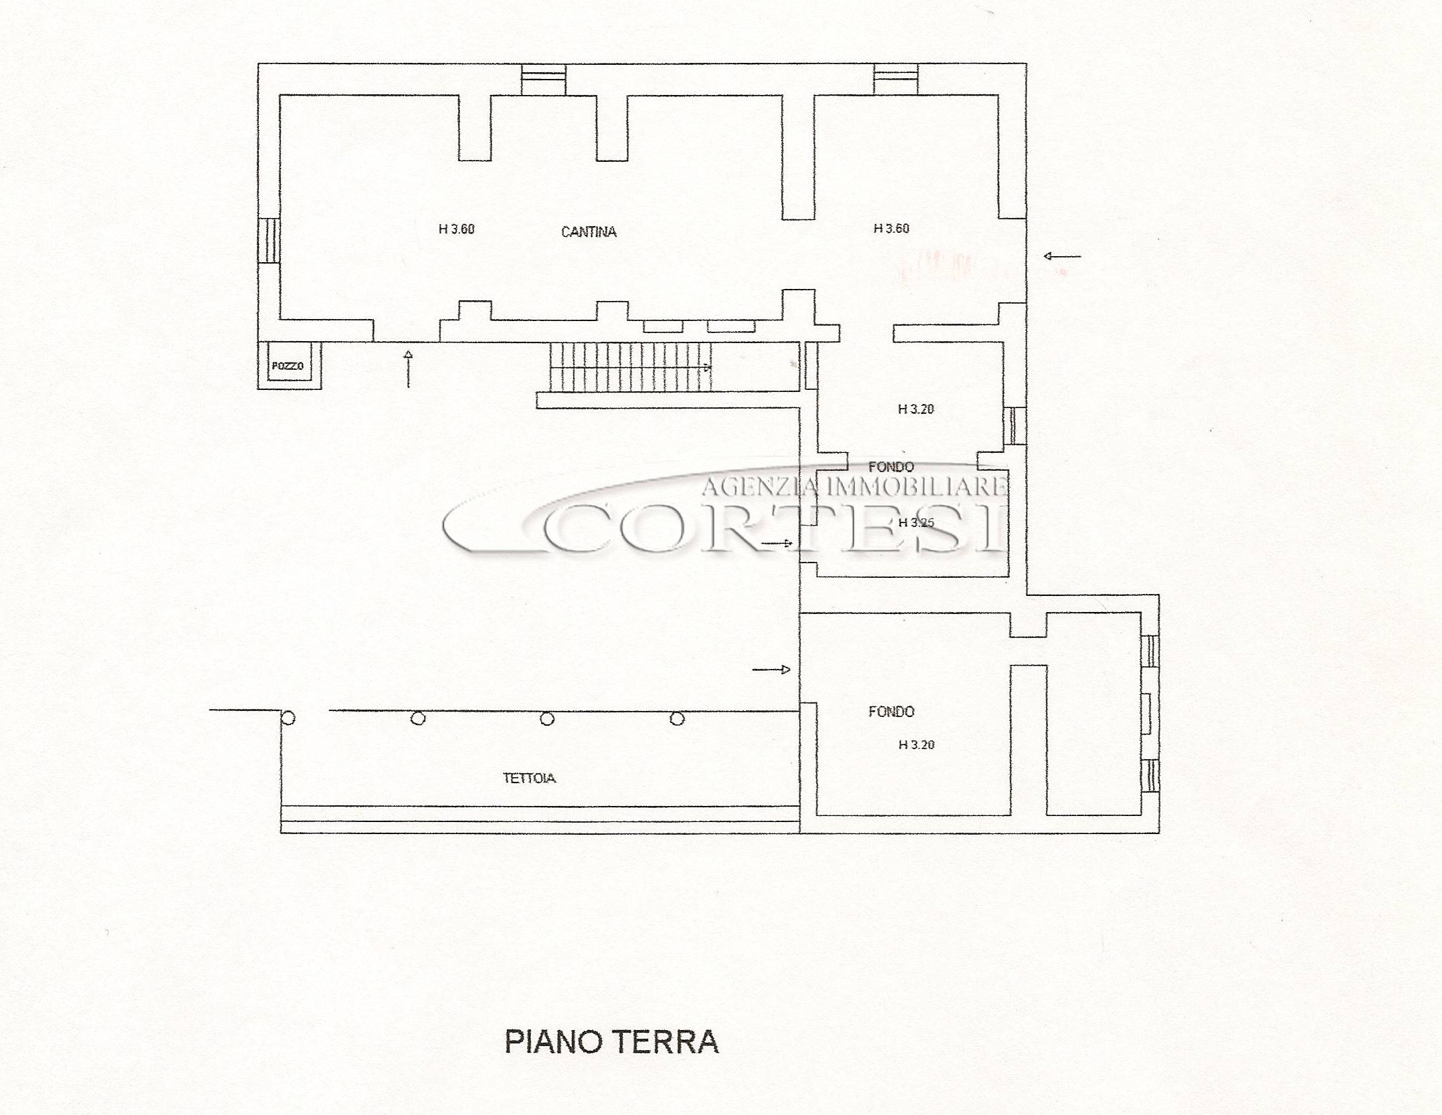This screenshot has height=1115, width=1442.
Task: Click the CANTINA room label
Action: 589,232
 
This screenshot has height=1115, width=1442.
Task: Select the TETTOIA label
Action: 529,778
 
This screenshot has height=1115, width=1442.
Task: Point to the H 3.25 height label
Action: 916,522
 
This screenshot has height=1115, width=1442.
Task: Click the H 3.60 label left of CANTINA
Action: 457,229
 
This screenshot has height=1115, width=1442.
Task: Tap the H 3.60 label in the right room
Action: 892,228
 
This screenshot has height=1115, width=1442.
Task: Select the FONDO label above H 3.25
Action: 891,467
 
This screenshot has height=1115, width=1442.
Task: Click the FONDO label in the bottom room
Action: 891,712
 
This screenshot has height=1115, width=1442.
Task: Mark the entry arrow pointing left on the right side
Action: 1062,256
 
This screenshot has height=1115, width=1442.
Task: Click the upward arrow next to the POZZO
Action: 409,369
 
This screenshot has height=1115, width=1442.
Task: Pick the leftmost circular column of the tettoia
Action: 288,719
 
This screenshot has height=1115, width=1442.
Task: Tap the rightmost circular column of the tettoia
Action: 678,719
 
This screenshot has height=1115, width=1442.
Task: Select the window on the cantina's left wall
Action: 269,240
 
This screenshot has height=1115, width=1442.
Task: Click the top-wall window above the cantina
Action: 544,80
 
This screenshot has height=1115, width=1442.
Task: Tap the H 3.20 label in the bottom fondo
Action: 916,744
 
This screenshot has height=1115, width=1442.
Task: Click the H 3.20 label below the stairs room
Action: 916,409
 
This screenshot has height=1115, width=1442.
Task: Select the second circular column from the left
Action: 418,719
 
